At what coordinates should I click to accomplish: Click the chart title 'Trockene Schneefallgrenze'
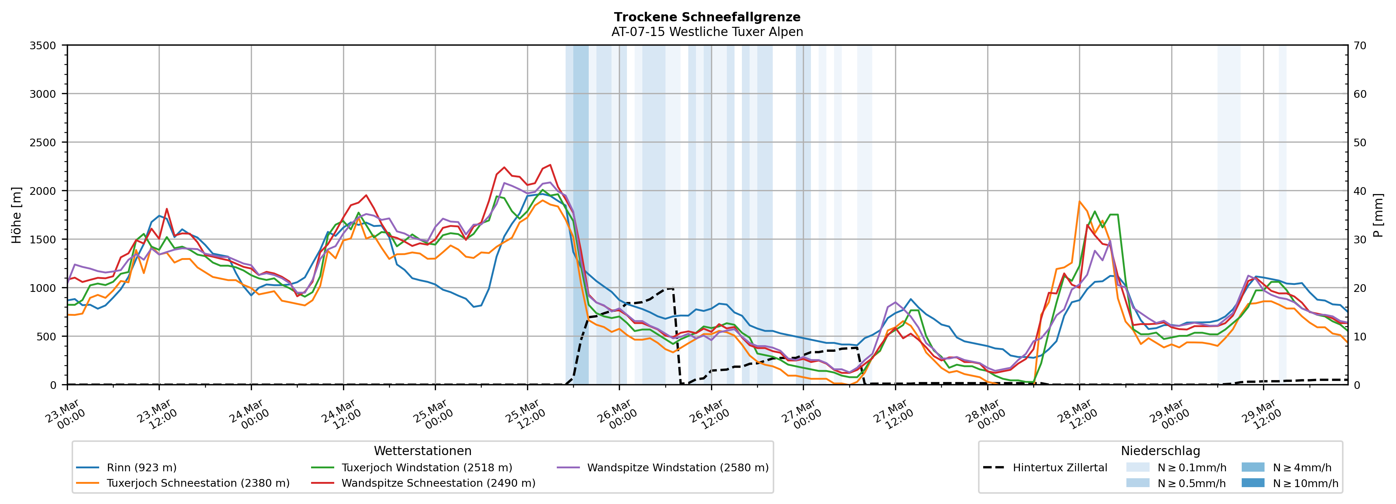[707, 17]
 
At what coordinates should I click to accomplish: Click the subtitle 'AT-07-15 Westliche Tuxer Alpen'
[707, 32]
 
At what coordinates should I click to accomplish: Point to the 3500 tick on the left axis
[43, 46]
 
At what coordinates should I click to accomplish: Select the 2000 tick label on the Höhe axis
[43, 191]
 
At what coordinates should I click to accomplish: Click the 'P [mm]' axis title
[1379, 215]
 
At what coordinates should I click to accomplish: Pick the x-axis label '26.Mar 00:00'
[618, 415]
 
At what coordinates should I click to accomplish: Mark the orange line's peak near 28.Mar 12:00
[1079, 202]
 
